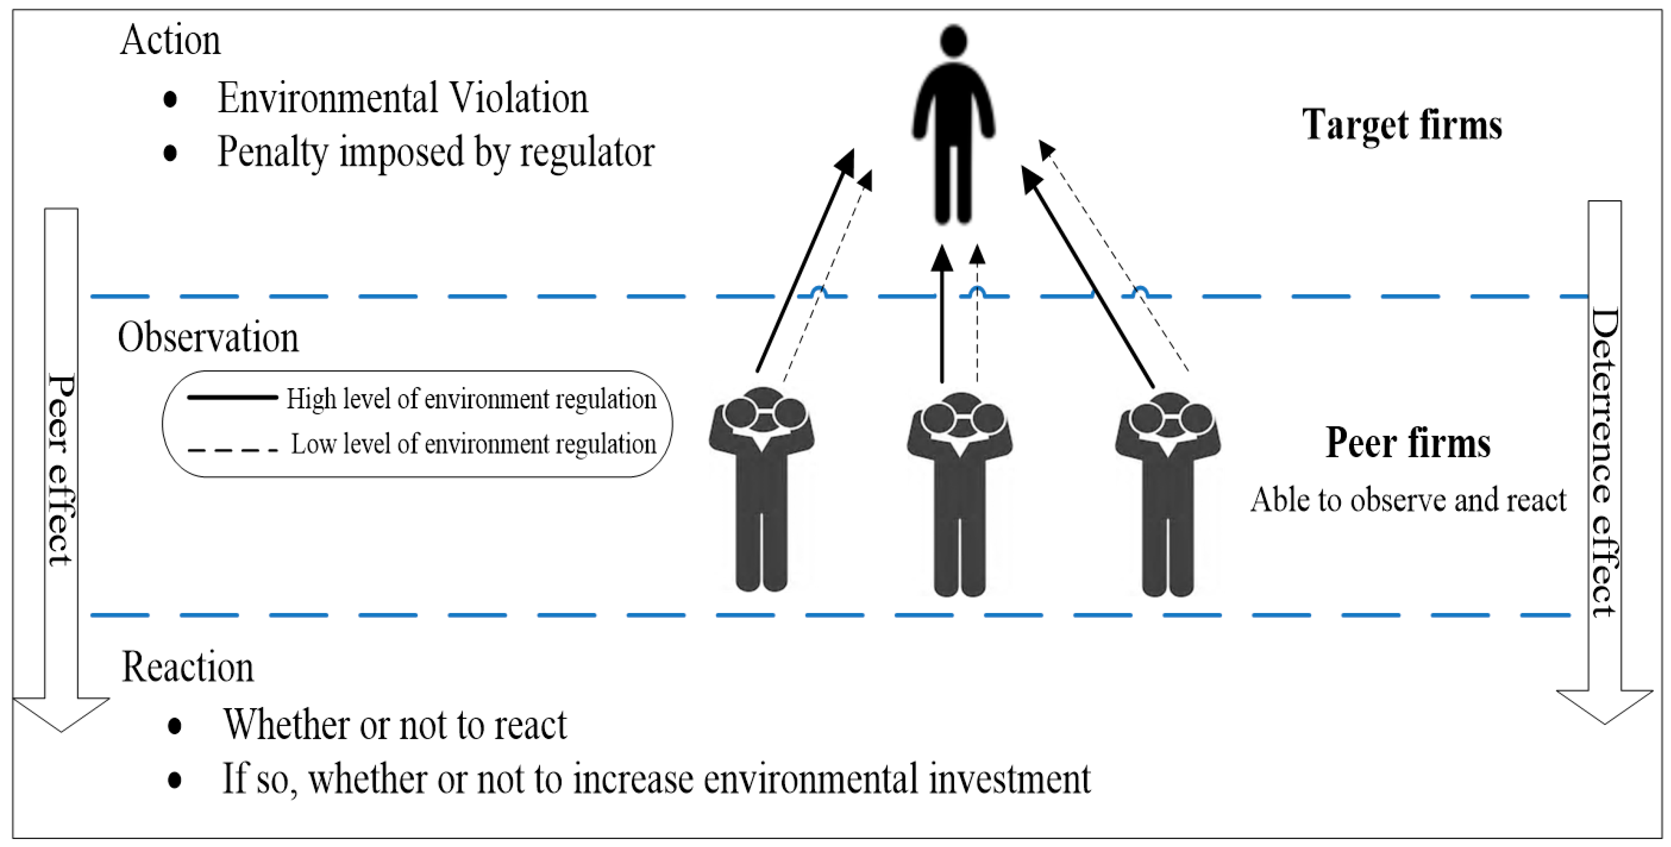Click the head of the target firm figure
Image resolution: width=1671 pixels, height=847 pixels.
tap(953, 41)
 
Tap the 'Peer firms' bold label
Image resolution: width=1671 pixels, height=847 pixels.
tap(1408, 443)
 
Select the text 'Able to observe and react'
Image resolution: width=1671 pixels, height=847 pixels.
tap(1408, 500)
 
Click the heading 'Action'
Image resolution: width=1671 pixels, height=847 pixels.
tap(170, 40)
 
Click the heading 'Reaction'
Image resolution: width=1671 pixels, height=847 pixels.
tap(188, 667)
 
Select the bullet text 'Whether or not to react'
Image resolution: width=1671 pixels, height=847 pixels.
tap(394, 724)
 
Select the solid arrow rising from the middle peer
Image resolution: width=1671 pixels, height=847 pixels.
tap(942, 318)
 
